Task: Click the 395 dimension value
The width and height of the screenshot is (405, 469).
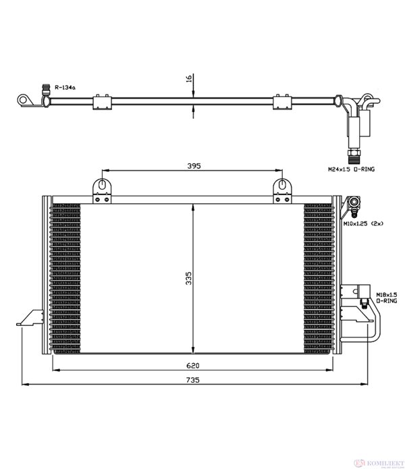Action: point(194,166)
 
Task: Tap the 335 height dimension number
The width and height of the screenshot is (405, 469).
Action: point(188,278)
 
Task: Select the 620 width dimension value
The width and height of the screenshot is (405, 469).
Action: point(193,366)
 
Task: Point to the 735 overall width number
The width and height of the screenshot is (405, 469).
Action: point(193,380)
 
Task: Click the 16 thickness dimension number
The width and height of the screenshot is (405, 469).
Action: point(189,79)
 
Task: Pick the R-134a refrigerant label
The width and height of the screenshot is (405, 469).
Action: point(65,87)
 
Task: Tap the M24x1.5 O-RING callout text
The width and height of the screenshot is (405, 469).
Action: point(351,169)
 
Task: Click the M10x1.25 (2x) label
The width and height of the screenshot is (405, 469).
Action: point(363,223)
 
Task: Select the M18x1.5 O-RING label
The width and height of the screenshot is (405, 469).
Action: point(387,298)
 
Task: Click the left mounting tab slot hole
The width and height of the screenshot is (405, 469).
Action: point(102,184)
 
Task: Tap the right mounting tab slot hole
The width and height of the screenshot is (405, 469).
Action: point(281,184)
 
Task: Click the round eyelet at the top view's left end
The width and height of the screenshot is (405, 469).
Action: point(23,99)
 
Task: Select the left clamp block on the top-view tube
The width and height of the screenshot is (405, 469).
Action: point(103,103)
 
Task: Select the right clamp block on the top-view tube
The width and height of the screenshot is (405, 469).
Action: point(282,103)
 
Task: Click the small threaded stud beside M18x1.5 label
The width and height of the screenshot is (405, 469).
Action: point(364,304)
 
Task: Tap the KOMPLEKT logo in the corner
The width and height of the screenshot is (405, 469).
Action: point(378,464)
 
